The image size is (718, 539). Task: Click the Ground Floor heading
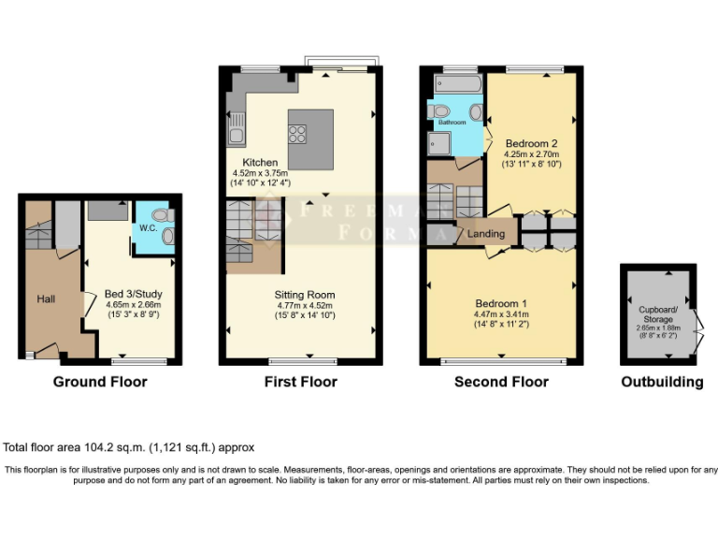click(x=100, y=382)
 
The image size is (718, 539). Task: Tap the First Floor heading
click(x=301, y=382)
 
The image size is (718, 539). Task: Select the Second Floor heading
click(x=501, y=382)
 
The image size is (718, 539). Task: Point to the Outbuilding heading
click(x=662, y=382)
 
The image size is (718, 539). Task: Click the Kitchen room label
click(x=260, y=163)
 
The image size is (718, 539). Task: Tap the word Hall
click(x=46, y=299)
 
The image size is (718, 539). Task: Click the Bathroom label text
click(x=452, y=123)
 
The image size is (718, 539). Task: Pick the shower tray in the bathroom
click(x=439, y=143)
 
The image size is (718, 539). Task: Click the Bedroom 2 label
click(x=531, y=143)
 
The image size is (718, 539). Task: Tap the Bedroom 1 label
click(x=501, y=304)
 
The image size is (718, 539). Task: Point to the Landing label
click(x=486, y=234)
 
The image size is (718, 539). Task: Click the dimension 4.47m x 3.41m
click(x=501, y=315)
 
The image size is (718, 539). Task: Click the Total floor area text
click(x=129, y=448)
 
